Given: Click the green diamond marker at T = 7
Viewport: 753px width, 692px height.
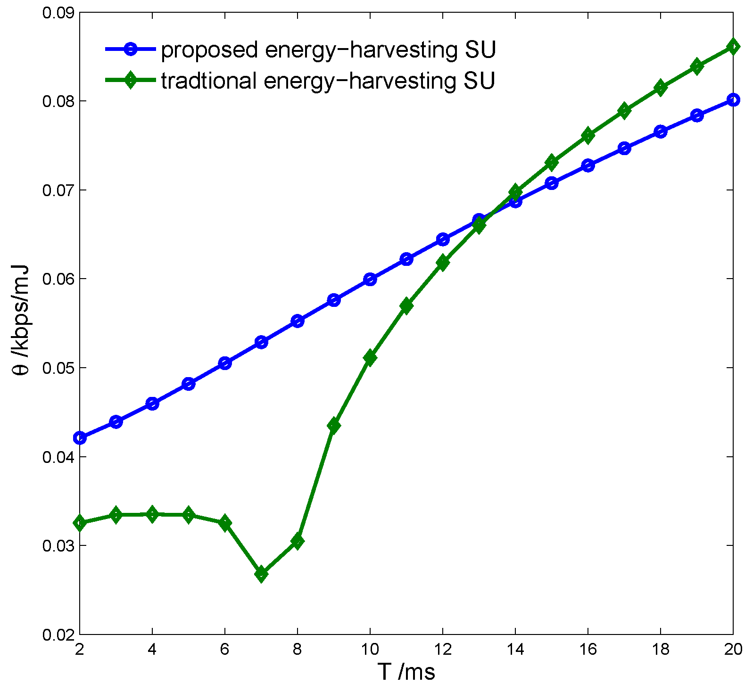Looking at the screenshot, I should [261, 574].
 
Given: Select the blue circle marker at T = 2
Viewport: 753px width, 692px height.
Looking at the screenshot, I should [80, 438].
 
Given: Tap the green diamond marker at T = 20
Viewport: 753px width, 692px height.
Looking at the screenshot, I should [733, 46].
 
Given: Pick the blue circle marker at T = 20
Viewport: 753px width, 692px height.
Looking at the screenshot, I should [733, 99].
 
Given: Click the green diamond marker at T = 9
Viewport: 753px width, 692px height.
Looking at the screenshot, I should [334, 426].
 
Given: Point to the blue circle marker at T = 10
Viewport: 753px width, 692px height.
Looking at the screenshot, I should [370, 279].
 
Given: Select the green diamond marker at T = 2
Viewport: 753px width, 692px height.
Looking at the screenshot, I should [80, 523].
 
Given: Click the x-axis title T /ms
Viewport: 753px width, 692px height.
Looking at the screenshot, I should [406, 672].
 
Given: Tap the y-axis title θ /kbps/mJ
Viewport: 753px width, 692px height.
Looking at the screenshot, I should [21, 321].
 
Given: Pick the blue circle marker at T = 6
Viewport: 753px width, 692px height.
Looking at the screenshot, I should [225, 363].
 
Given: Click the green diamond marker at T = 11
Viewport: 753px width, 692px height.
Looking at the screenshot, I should [406, 306].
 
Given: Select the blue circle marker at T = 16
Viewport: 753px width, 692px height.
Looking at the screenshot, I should [588, 165].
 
